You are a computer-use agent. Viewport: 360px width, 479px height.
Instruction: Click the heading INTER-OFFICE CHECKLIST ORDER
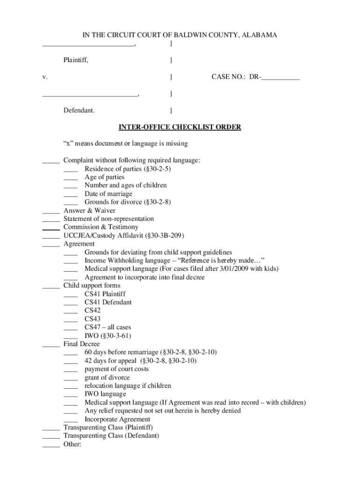(x=180, y=127)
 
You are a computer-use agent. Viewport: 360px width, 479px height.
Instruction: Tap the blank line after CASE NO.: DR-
(x=281, y=78)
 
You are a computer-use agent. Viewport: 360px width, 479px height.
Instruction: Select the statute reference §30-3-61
(x=115, y=336)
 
